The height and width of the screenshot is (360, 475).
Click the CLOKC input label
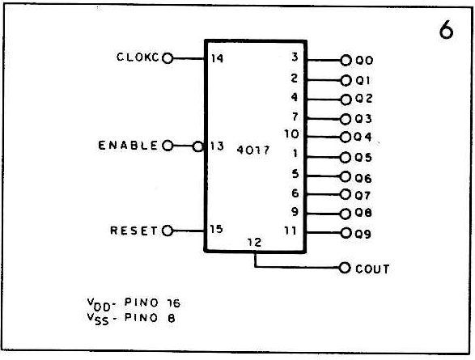tap(138, 57)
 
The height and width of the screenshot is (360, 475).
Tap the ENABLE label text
tap(128, 146)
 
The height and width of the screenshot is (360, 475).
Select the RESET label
tap(134, 231)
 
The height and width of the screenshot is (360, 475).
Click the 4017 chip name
tap(253, 150)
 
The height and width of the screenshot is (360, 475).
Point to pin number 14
tap(217, 57)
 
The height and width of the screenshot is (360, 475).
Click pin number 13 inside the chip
tap(217, 146)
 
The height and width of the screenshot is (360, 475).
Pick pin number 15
tap(217, 229)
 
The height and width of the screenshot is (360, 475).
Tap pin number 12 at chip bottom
tap(254, 242)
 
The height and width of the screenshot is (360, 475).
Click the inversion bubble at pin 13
tap(197, 147)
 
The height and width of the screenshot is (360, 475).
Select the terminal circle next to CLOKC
tap(168, 57)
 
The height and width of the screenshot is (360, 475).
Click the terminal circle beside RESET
tap(168, 231)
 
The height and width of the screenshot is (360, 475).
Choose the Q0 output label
tap(364, 61)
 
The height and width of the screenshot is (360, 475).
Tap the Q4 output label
tap(363, 137)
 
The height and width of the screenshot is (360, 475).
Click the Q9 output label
tap(363, 234)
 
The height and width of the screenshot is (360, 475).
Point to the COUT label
tap(372, 269)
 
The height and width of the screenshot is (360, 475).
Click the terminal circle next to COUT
tap(345, 268)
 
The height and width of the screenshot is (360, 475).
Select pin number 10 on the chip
tap(291, 133)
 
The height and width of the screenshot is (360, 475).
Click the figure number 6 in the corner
tap(446, 30)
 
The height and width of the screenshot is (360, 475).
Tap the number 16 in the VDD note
tap(174, 303)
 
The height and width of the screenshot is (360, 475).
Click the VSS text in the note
tap(98, 319)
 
